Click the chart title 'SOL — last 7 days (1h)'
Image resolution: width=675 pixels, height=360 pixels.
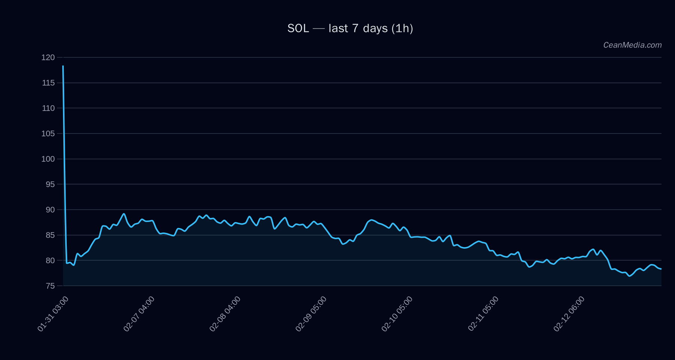tap(350, 28)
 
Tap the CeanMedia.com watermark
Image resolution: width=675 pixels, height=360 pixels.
tap(632, 45)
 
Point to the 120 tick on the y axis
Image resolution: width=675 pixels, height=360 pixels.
tap(48, 57)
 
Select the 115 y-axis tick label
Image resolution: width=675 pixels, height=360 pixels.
tap(48, 83)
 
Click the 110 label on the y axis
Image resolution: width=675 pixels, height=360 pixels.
tap(48, 108)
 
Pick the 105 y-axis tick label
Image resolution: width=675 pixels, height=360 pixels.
tap(48, 133)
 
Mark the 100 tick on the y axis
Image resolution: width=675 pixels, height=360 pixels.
tap(48, 159)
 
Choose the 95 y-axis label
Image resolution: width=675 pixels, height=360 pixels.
tap(50, 184)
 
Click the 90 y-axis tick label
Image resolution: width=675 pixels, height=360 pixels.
tap(50, 210)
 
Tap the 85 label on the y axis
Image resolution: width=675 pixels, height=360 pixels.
tap(50, 235)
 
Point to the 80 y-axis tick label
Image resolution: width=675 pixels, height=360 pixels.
tap(50, 261)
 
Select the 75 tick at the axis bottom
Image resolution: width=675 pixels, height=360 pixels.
tap(50, 286)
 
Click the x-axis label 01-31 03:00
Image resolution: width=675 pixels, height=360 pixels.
tap(53, 313)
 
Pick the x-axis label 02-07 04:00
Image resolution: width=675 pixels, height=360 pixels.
tap(139, 313)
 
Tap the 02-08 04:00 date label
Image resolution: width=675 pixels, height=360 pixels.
tap(225, 313)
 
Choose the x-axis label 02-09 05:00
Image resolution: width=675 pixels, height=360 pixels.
tap(311, 313)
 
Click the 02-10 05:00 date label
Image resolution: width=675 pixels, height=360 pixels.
tap(397, 313)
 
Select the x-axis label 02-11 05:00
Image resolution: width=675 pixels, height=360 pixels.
tap(483, 313)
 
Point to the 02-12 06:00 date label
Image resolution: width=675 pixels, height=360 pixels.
tap(569, 313)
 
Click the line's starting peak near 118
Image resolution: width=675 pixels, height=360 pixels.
tap(63, 66)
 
